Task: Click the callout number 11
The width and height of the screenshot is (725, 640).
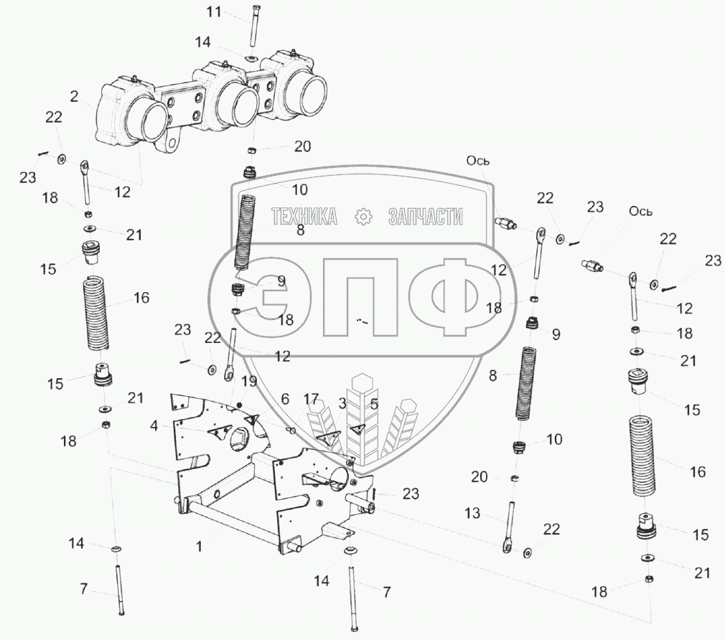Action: coord(214,11)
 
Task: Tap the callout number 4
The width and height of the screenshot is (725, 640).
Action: coord(154,426)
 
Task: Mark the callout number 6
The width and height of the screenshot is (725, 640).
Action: coord(285,398)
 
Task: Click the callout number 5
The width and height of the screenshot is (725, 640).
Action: coord(373,403)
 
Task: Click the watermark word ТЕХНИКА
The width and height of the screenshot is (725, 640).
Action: coord(304,216)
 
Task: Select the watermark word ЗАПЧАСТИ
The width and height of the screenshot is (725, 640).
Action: coord(425,216)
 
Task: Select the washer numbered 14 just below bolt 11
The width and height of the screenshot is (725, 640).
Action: coord(252,57)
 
